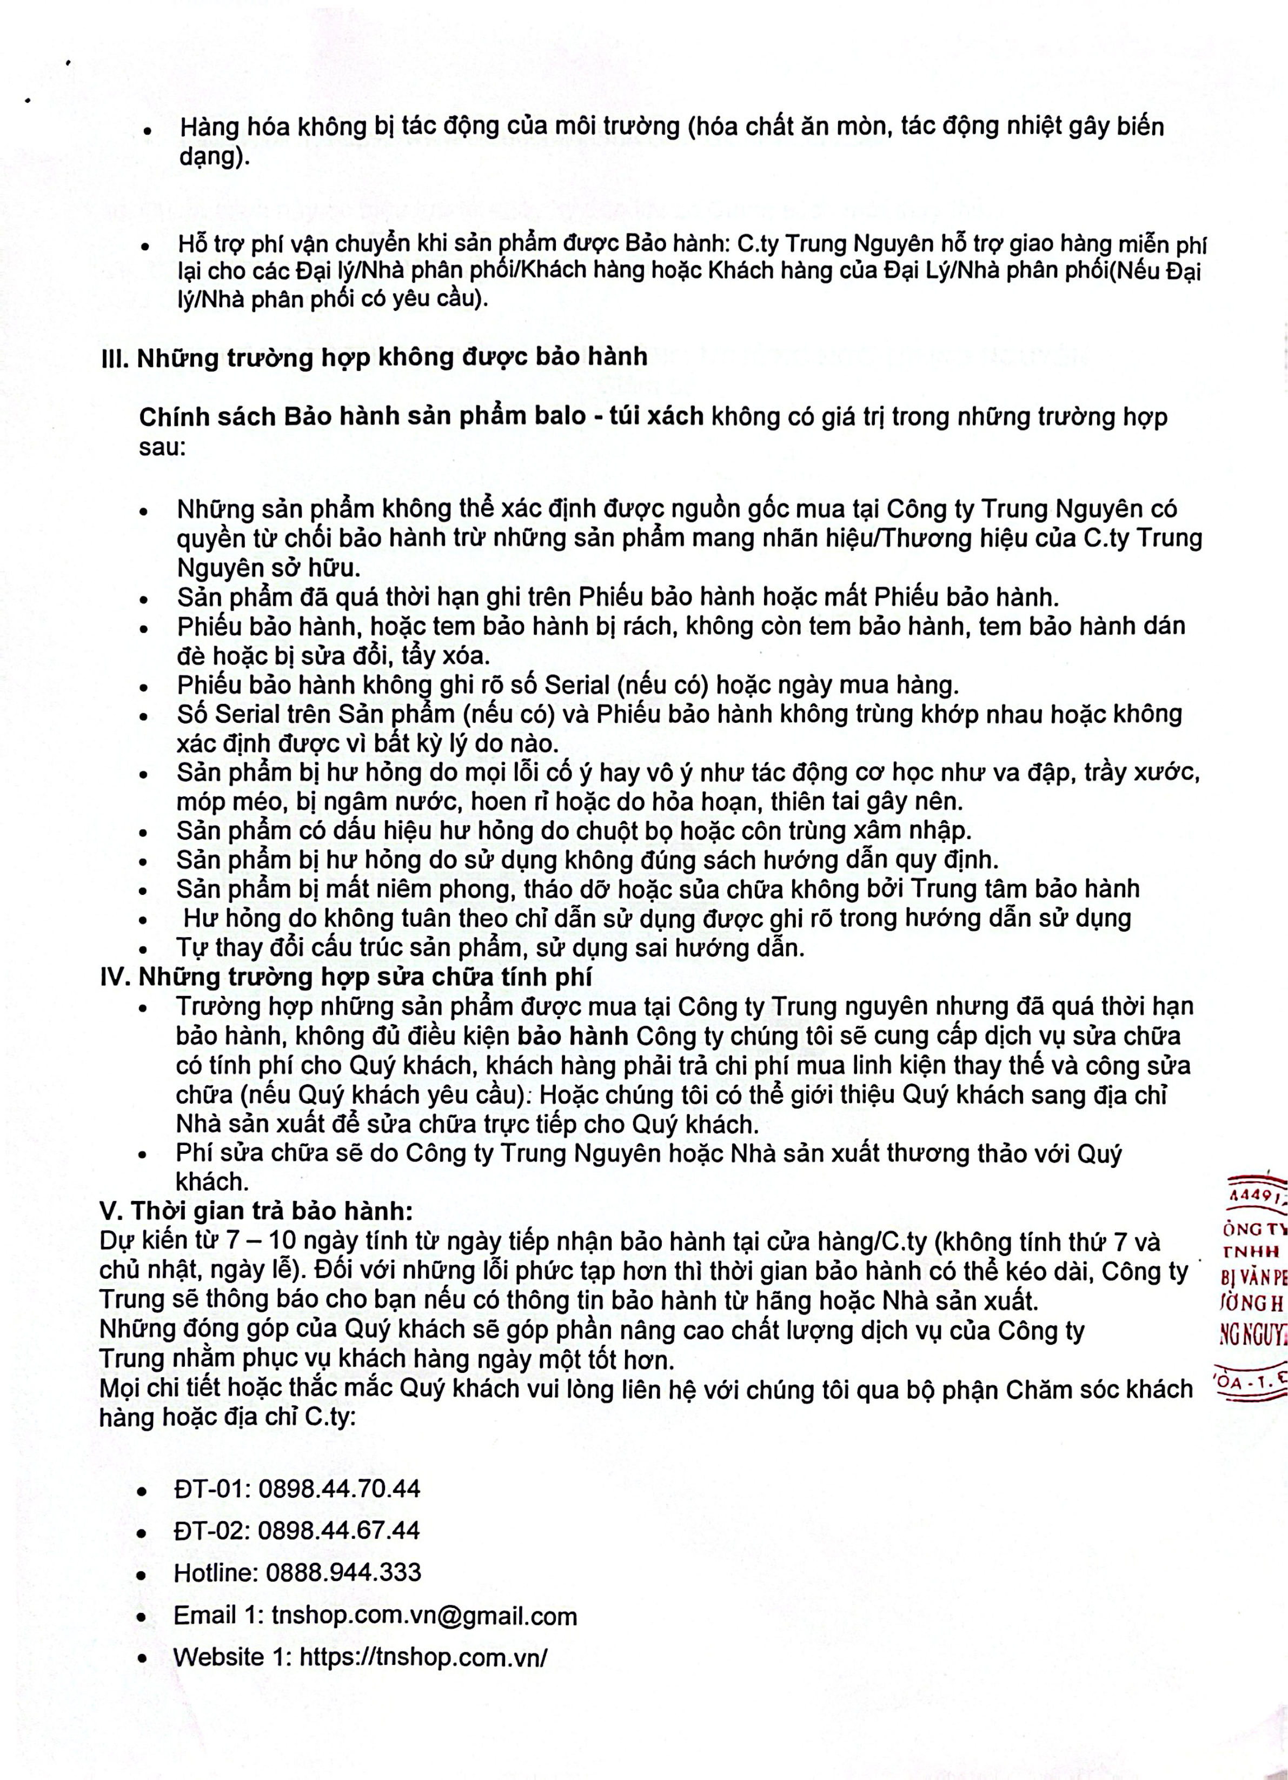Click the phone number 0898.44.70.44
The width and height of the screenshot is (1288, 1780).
coord(339,1489)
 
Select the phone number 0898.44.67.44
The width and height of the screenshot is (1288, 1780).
coord(339,1530)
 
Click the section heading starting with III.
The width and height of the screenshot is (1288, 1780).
coord(374,357)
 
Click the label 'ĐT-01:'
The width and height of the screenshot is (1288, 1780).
coord(212,1489)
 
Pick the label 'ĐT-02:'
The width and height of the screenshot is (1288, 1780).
coord(212,1530)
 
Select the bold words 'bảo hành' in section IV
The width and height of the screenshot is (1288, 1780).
coord(572,1036)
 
